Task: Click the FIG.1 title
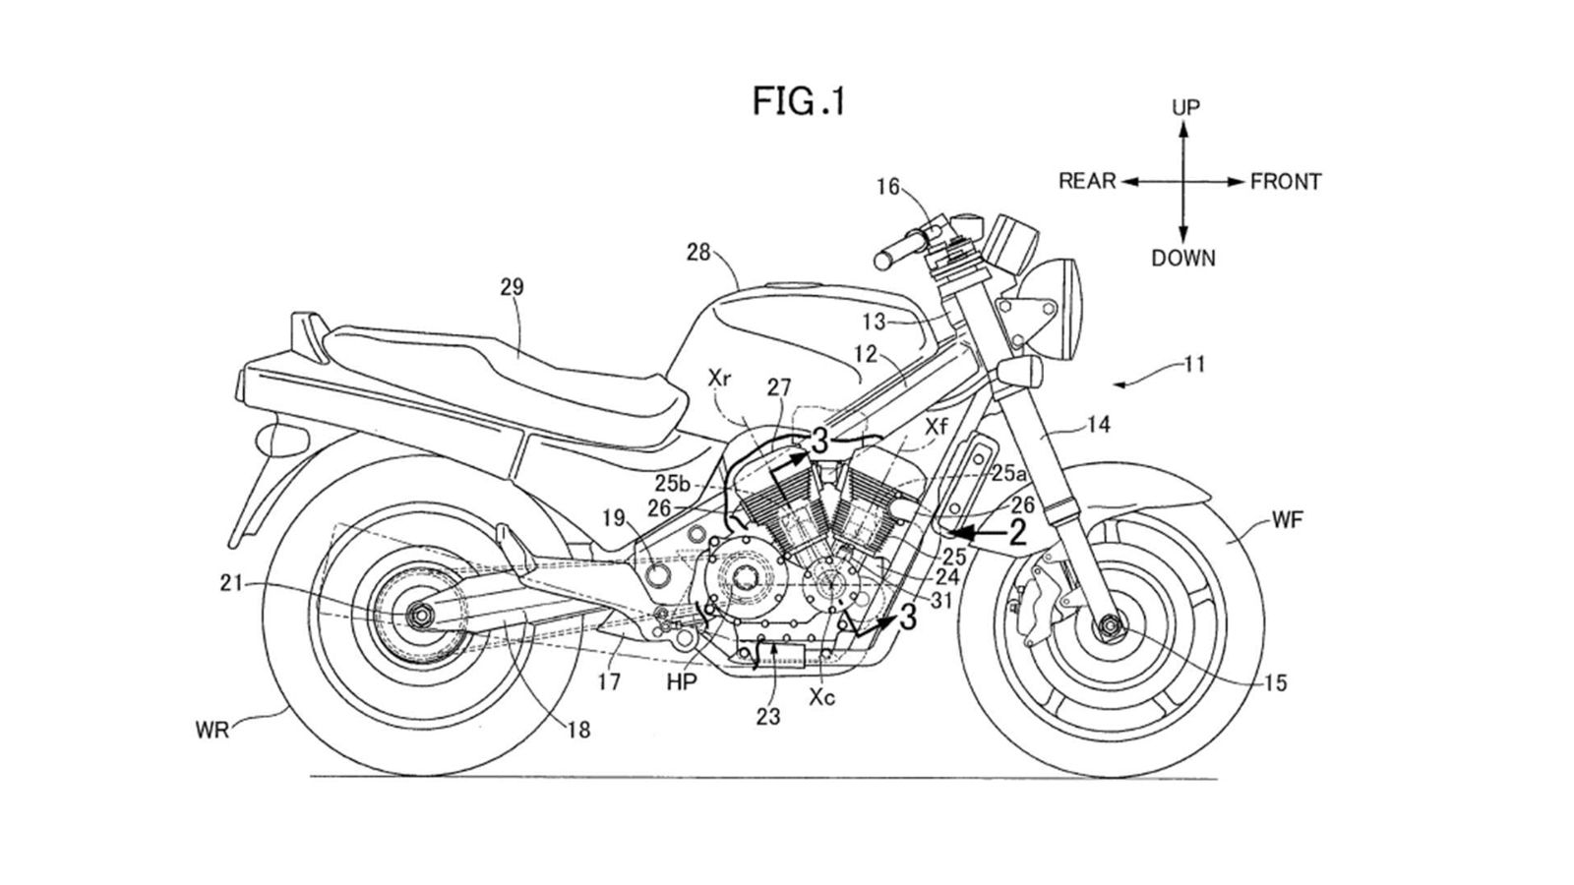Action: tap(799, 100)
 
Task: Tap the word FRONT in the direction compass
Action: tap(1285, 182)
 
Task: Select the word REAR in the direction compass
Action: tap(1087, 182)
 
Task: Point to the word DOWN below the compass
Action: tap(1183, 259)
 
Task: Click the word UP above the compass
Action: tap(1185, 107)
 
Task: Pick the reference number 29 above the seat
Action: tap(512, 287)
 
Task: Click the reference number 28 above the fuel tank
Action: tap(698, 253)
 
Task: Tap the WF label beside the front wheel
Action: tap(1287, 521)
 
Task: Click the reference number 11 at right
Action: tap(1194, 365)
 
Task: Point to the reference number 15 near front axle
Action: tap(1274, 683)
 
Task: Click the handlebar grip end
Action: tap(883, 260)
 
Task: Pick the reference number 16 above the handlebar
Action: tap(888, 186)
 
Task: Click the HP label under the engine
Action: tap(678, 680)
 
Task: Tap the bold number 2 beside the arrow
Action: tap(1016, 532)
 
